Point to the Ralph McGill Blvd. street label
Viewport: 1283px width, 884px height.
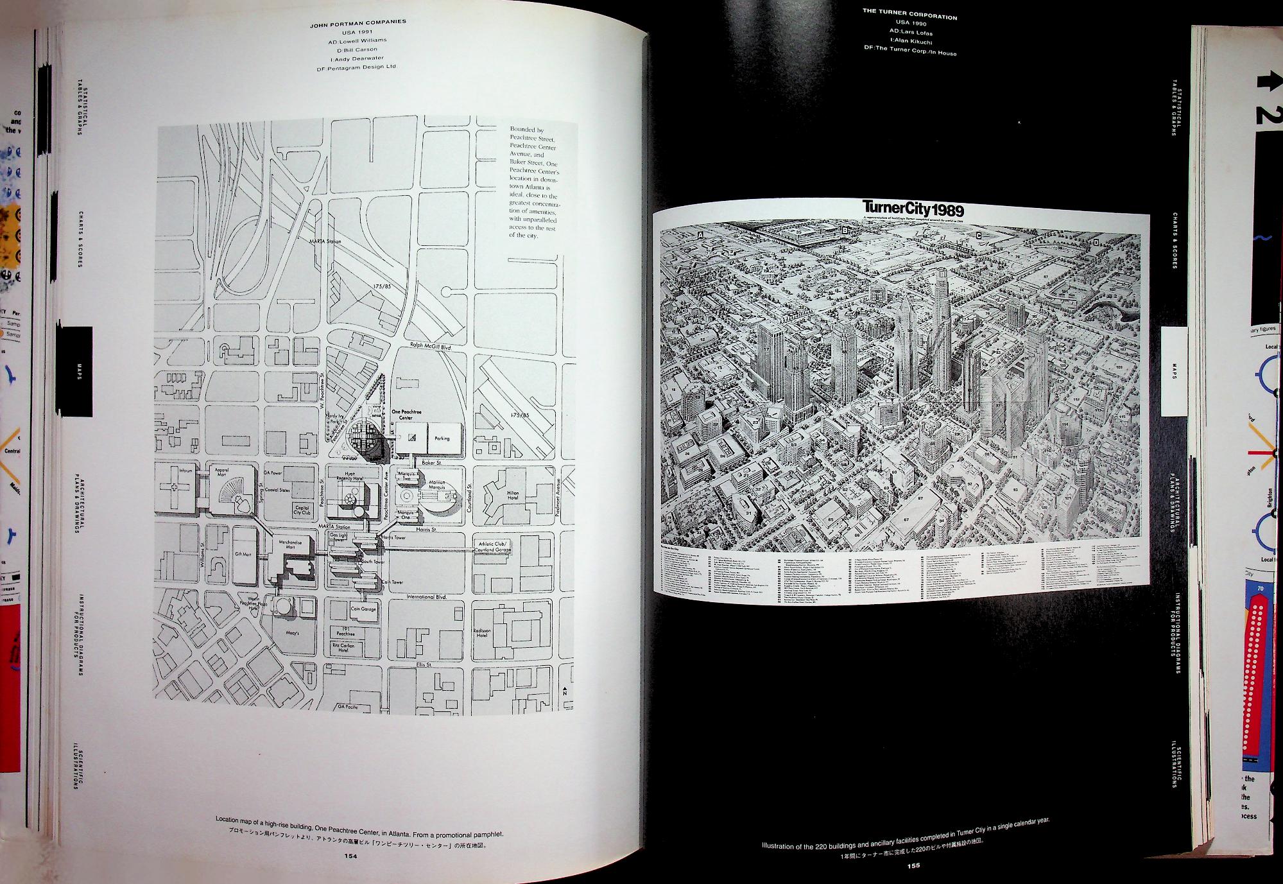[x=431, y=346]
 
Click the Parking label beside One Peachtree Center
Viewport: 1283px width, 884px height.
[x=442, y=438]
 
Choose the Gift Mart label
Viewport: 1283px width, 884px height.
[x=243, y=553]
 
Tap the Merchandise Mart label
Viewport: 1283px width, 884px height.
[x=290, y=544]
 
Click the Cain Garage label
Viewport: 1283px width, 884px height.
[x=362, y=609]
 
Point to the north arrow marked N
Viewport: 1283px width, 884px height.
[x=565, y=692]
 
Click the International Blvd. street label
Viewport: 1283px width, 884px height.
[x=426, y=596]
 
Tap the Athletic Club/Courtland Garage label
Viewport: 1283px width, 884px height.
[x=493, y=546]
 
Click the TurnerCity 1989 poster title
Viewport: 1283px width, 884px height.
[x=913, y=209]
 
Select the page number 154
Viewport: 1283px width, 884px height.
[x=350, y=856]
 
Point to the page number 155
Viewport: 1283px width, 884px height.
[x=913, y=865]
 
